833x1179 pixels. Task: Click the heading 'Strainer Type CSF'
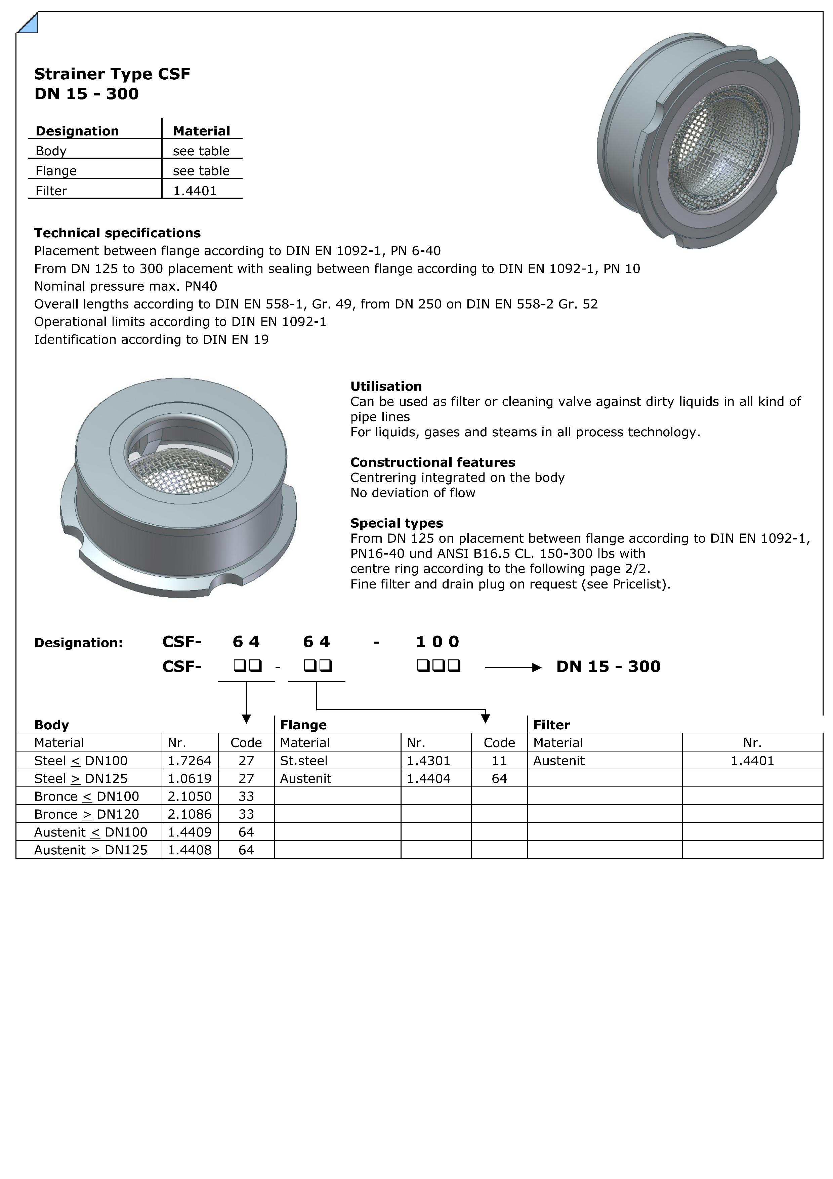tap(112, 74)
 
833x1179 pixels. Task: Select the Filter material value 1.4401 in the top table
tap(195, 191)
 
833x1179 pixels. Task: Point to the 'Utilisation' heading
tap(386, 386)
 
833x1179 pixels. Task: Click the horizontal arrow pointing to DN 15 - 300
tap(513, 667)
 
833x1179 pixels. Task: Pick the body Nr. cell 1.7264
tap(190, 761)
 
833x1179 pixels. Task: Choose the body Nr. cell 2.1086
tap(190, 814)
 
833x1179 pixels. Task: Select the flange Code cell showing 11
tap(499, 761)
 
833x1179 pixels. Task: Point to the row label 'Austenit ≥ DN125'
tap(91, 850)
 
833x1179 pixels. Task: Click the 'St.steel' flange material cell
tap(304, 761)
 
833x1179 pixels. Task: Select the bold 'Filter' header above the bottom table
tap(551, 725)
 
